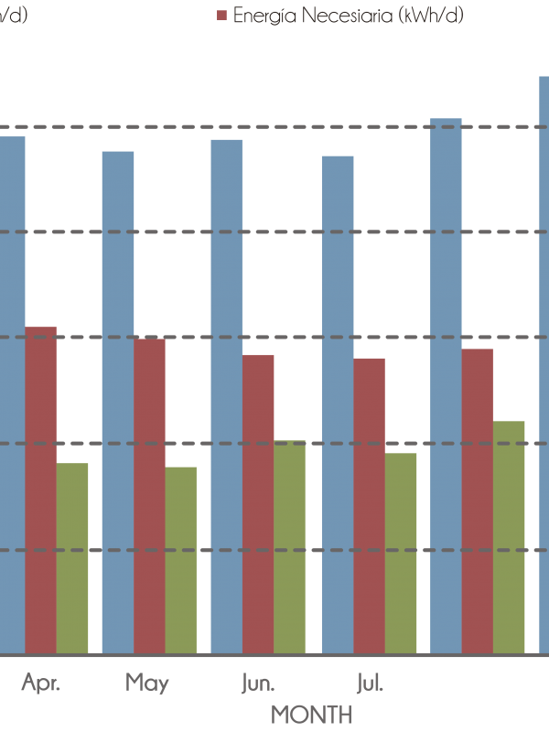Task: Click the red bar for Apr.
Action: (40, 490)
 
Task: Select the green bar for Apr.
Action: (72, 558)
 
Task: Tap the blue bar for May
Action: (117, 403)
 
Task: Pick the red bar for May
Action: (150, 495)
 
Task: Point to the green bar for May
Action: (181, 560)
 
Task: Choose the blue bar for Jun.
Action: (227, 396)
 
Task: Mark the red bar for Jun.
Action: (258, 503)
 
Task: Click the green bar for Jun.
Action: (290, 547)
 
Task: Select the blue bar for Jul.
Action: (338, 404)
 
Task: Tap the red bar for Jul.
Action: (370, 505)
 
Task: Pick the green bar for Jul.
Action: (401, 553)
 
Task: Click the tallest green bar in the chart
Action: (509, 537)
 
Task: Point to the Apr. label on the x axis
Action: (40, 683)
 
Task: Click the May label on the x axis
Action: (146, 683)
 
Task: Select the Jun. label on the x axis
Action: (256, 683)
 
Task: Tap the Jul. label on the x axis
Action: (368, 683)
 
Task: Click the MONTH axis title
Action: (312, 713)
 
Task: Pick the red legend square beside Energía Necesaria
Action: (221, 16)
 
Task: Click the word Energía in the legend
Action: (261, 16)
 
